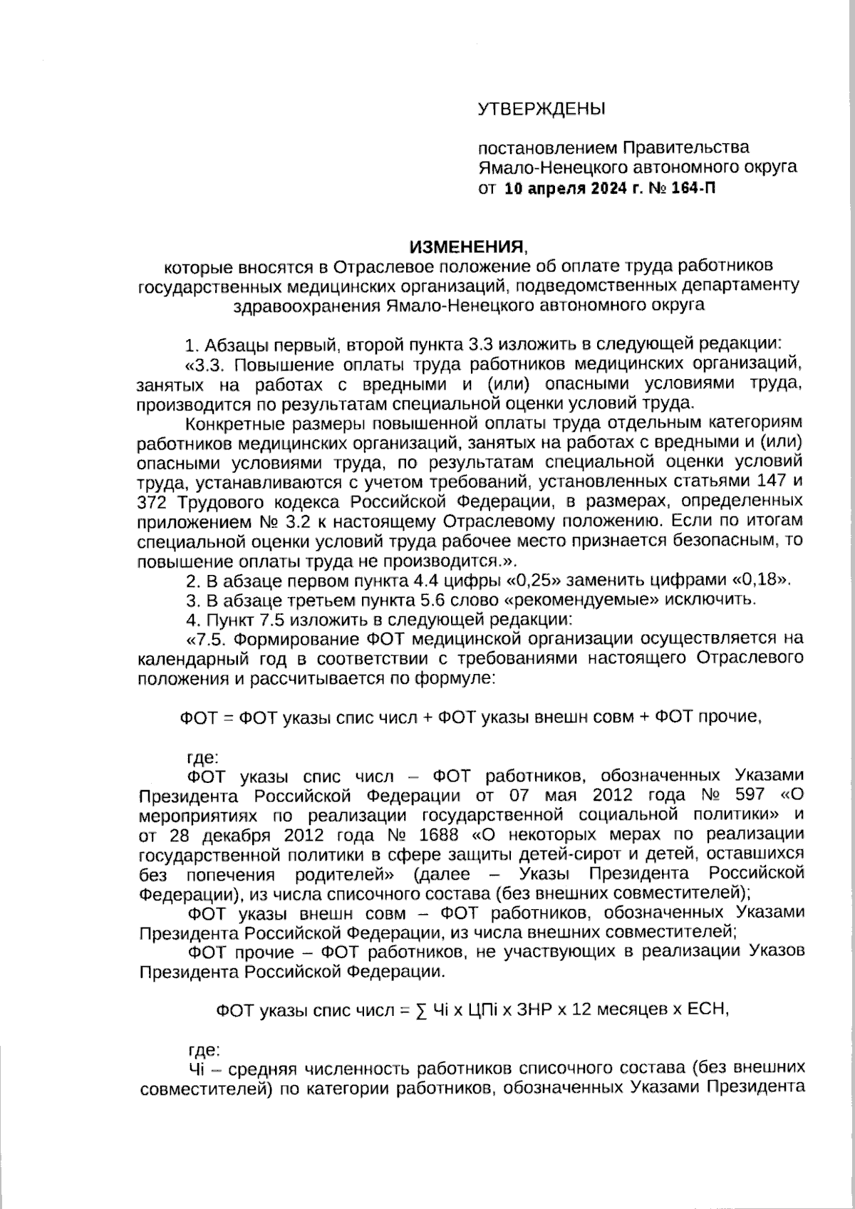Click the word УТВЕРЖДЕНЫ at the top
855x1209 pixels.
541,109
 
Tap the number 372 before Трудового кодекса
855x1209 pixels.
151,501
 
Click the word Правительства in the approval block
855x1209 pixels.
686,148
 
